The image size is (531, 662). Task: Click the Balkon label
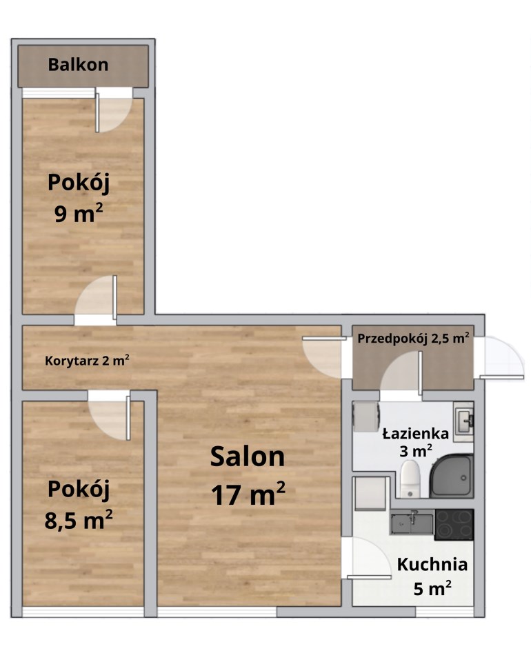(78, 65)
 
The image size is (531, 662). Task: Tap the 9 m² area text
(79, 214)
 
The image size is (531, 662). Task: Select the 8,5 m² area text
(79, 520)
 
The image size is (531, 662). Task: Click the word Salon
(248, 457)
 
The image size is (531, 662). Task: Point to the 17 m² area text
(248, 494)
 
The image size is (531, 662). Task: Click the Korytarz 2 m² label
(87, 361)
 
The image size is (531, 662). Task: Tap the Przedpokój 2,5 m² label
(413, 339)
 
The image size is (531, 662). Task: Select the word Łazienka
(415, 434)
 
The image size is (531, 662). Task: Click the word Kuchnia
(432, 565)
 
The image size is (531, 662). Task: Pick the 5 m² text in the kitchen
(432, 588)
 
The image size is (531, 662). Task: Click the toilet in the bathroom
(410, 479)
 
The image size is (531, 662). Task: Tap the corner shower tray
(451, 476)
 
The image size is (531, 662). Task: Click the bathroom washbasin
(463, 421)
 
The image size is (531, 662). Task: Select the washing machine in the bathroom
(366, 417)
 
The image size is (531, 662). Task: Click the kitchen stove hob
(454, 525)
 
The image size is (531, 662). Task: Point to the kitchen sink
(412, 523)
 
